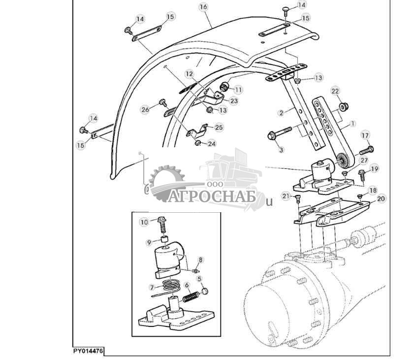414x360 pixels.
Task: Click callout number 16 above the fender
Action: tap(203, 7)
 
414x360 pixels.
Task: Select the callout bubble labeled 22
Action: tap(335, 91)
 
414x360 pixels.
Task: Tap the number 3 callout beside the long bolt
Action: tap(281, 148)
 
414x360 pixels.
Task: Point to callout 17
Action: tap(365, 135)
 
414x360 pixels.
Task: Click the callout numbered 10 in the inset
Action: tap(144, 222)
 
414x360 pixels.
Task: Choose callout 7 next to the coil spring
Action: tap(152, 286)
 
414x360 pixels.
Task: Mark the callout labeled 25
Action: tap(219, 127)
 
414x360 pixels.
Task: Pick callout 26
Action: tap(145, 109)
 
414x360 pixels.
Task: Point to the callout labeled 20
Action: tap(381, 198)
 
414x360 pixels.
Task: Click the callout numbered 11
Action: tap(238, 90)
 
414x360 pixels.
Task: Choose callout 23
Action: tap(234, 101)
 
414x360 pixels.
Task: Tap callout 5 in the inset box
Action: tap(199, 279)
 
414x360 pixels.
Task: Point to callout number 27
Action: tap(364, 160)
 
